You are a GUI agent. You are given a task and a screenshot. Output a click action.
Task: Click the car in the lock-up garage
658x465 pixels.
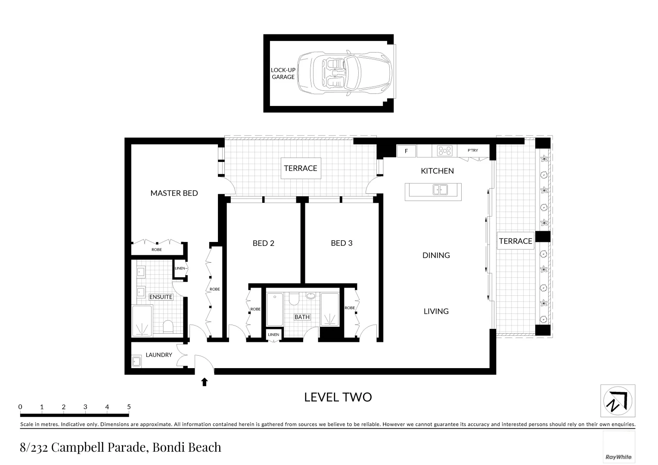pyautogui.click(x=345, y=73)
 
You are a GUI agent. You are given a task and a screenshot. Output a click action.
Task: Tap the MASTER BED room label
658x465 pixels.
pyautogui.click(x=174, y=193)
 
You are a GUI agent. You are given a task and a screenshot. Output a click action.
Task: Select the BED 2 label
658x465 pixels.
pyautogui.click(x=263, y=243)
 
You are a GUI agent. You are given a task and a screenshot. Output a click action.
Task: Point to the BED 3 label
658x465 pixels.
pyautogui.click(x=341, y=243)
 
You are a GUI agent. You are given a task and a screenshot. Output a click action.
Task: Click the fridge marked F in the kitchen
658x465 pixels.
pyautogui.click(x=406, y=151)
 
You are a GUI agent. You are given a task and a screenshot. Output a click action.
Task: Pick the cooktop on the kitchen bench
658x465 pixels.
pyautogui.click(x=445, y=151)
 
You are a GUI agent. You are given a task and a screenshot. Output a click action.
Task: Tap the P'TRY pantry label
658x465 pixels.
pyautogui.click(x=473, y=150)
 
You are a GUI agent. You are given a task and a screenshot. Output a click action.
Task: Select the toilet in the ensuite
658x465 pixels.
pyautogui.click(x=168, y=326)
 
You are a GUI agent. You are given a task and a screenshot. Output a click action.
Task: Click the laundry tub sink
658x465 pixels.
pyautogui.click(x=137, y=361)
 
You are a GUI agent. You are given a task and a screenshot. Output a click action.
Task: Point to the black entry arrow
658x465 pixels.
pyautogui.click(x=205, y=381)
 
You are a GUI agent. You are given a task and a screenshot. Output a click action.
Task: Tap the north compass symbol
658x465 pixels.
pyautogui.click(x=618, y=401)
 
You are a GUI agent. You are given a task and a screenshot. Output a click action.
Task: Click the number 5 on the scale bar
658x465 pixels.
pyautogui.click(x=129, y=407)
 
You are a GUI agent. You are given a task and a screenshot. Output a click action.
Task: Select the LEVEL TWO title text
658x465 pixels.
pyautogui.click(x=338, y=397)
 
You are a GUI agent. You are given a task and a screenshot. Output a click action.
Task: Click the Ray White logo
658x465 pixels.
pyautogui.click(x=618, y=457)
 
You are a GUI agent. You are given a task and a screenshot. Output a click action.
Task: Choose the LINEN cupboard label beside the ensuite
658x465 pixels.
pyautogui.click(x=180, y=268)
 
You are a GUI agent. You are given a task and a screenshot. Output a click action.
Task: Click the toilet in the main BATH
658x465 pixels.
pyautogui.click(x=294, y=299)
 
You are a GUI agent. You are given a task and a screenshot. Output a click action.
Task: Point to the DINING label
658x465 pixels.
pyautogui.click(x=436, y=255)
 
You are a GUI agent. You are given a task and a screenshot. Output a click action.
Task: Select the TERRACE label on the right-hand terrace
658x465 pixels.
pyautogui.click(x=515, y=241)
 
